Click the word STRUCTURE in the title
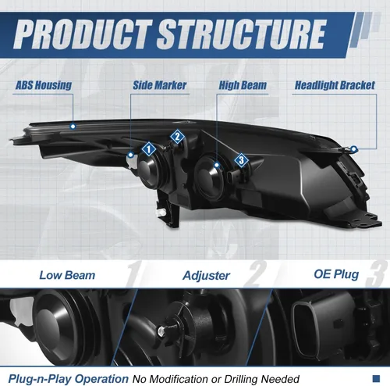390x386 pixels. (x=241, y=34)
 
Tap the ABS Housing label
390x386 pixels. (x=44, y=85)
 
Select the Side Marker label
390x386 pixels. (x=160, y=85)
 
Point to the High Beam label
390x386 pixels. (x=243, y=85)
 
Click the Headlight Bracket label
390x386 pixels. (x=335, y=85)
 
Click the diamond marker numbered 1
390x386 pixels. (x=149, y=149)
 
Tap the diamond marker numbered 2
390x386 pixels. (x=177, y=136)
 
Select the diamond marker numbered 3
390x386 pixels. (x=241, y=160)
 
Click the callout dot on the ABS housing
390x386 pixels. (x=73, y=127)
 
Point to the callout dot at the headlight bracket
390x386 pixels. (x=353, y=149)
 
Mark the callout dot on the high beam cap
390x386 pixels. (x=217, y=165)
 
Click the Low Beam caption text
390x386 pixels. (x=67, y=275)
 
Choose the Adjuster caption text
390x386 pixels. (x=207, y=276)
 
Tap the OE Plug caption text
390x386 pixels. (x=336, y=274)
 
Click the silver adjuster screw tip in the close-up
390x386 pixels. (x=161, y=331)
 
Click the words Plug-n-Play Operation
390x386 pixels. (x=69, y=379)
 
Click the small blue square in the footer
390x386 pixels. (x=376, y=378)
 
